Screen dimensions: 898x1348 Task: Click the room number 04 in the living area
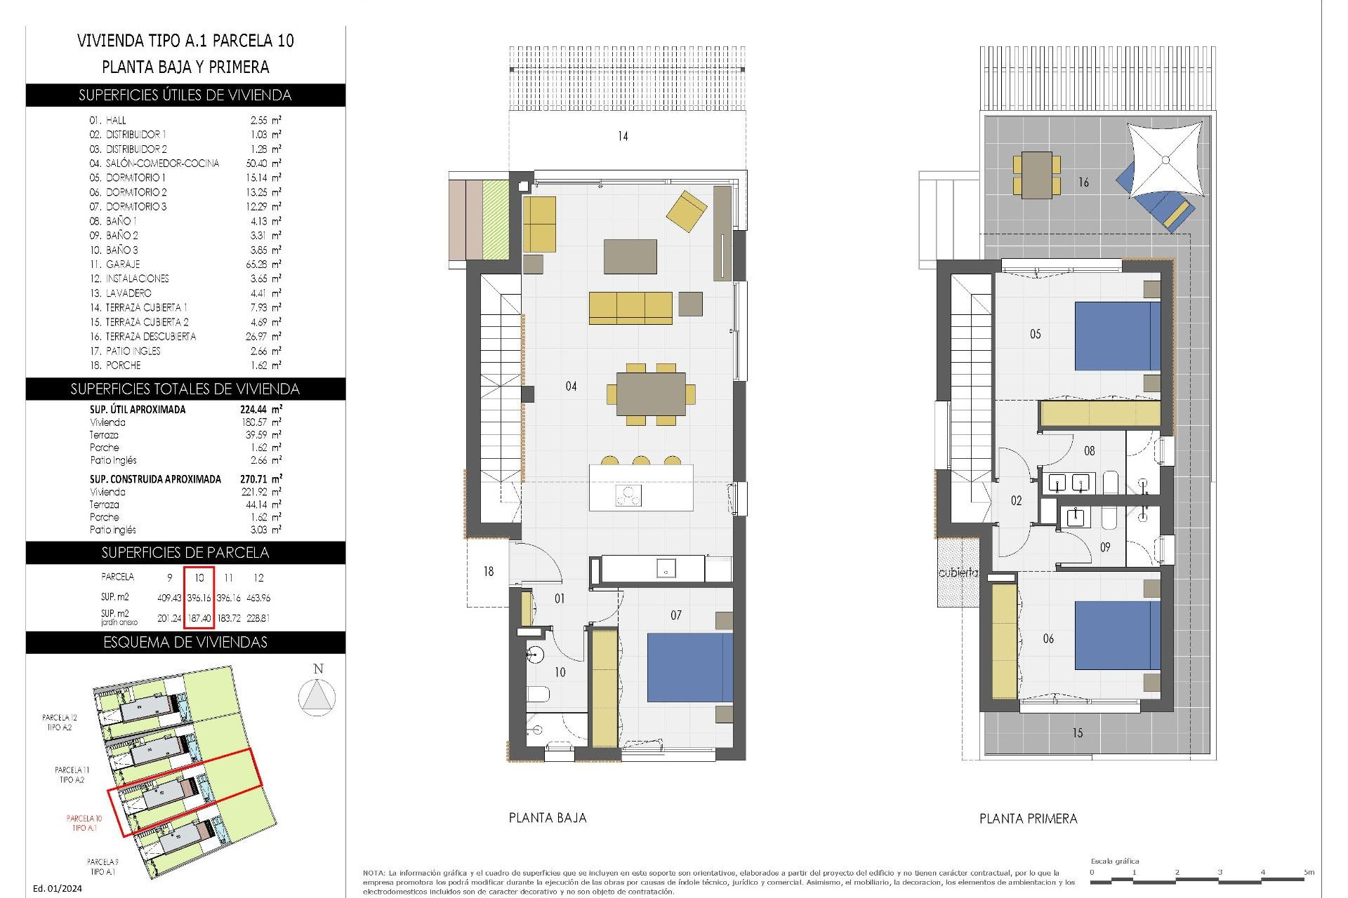[x=571, y=386]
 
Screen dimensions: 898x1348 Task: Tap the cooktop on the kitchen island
[x=628, y=495]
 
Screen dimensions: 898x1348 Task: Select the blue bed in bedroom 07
[x=689, y=667]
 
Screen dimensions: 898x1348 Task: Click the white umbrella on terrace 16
[x=1165, y=160]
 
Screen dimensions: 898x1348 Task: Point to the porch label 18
[x=488, y=572]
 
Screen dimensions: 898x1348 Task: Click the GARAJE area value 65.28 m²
[x=260, y=264]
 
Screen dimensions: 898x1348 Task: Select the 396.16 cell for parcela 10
[x=199, y=598]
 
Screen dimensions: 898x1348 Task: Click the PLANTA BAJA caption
[x=548, y=817]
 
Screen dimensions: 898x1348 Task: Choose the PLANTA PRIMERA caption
[x=1028, y=818]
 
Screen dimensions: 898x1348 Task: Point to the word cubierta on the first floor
[x=958, y=572]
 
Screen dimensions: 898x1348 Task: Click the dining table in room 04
[x=651, y=394]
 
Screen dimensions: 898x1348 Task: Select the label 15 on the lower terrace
[x=1077, y=733]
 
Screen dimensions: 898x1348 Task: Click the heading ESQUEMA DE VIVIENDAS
[x=185, y=642]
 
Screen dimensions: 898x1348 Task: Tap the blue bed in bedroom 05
[x=1117, y=336]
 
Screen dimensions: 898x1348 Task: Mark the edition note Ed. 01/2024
[x=58, y=888]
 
